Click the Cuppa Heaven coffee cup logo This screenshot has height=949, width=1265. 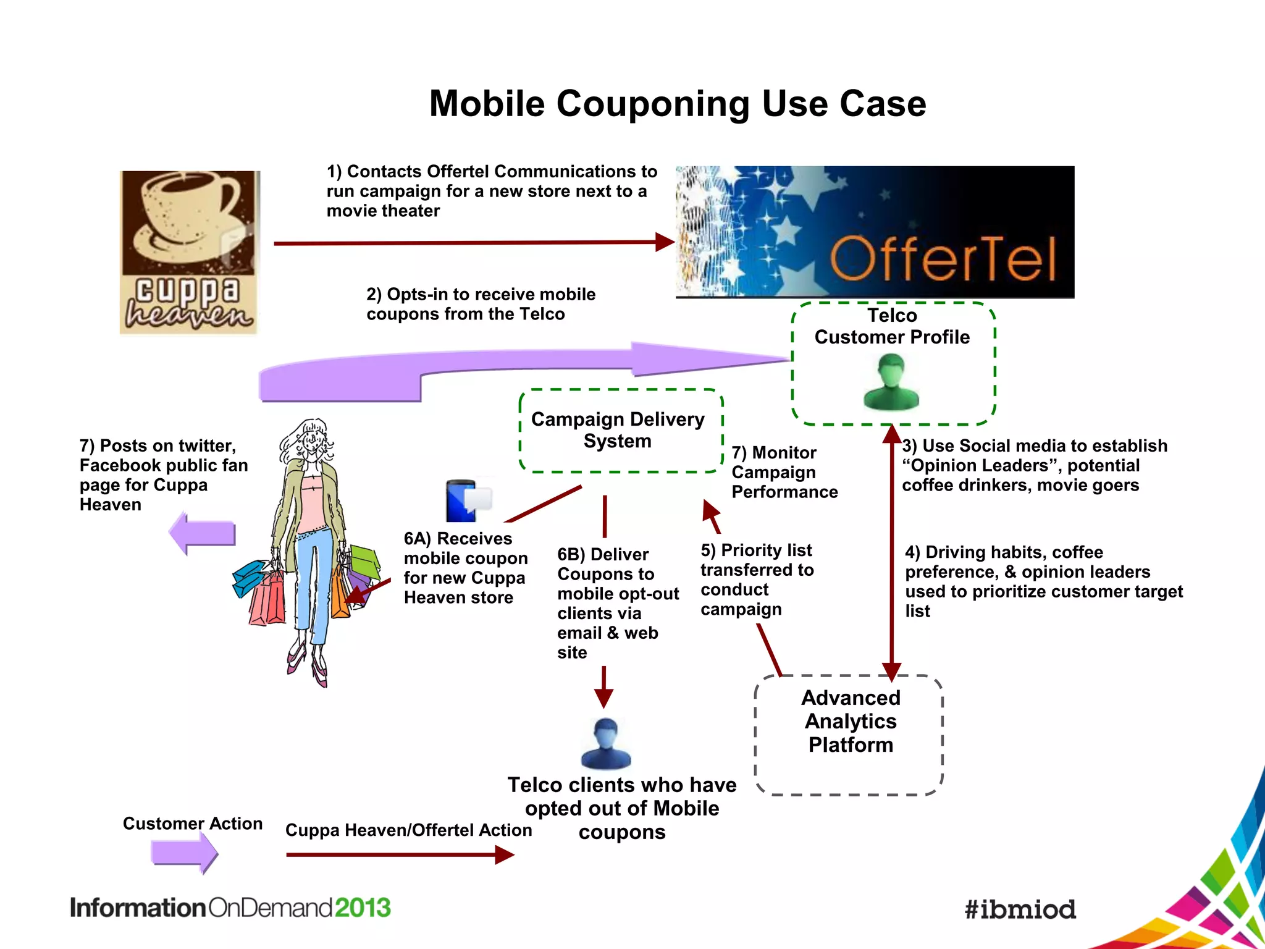pos(189,252)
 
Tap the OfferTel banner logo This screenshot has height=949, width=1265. pos(875,232)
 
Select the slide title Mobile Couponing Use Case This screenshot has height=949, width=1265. pos(678,103)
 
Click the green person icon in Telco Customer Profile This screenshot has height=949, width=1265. pos(891,382)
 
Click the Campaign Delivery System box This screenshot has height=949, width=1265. pos(620,431)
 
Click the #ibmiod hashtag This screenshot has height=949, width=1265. pos(1020,909)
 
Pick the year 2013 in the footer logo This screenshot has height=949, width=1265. pos(363,908)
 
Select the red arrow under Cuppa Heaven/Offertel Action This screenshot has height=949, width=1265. pos(400,855)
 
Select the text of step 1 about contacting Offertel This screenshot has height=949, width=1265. pos(491,191)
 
